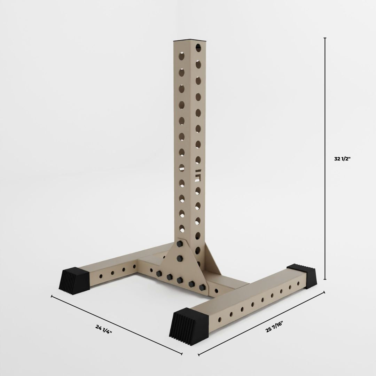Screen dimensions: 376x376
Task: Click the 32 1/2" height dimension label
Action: coord(342,159)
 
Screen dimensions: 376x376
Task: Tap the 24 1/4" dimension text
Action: coord(103,329)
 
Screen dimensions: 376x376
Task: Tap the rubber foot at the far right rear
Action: coord(302,276)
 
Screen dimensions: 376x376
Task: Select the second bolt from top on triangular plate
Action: coord(180,258)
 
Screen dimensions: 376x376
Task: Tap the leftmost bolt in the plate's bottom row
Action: coord(159,274)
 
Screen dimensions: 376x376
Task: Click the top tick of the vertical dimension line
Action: coord(325,38)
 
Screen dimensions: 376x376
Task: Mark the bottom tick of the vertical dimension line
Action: coord(325,279)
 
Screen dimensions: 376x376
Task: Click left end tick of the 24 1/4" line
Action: coord(52,296)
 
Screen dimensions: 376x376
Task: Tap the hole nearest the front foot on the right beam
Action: coord(219,319)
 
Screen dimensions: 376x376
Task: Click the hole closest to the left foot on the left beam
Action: coord(101,276)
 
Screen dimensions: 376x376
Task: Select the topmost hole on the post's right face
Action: coord(198,47)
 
